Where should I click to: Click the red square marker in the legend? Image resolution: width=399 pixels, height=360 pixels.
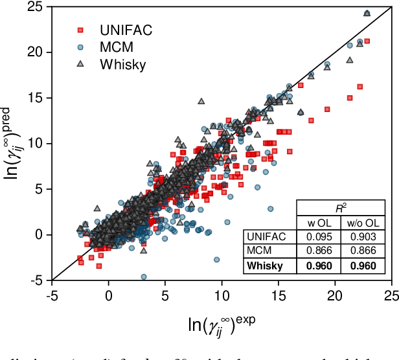coord(80,30)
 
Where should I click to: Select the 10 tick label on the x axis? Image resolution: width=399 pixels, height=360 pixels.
coord(222,294)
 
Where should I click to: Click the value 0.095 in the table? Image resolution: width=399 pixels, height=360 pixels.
coord(320,237)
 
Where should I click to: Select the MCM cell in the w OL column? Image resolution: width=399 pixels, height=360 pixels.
coord(320,251)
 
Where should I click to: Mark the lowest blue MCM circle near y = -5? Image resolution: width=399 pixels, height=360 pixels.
coord(143,276)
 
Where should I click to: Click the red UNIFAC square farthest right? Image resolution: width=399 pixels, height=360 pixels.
coord(367,41)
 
